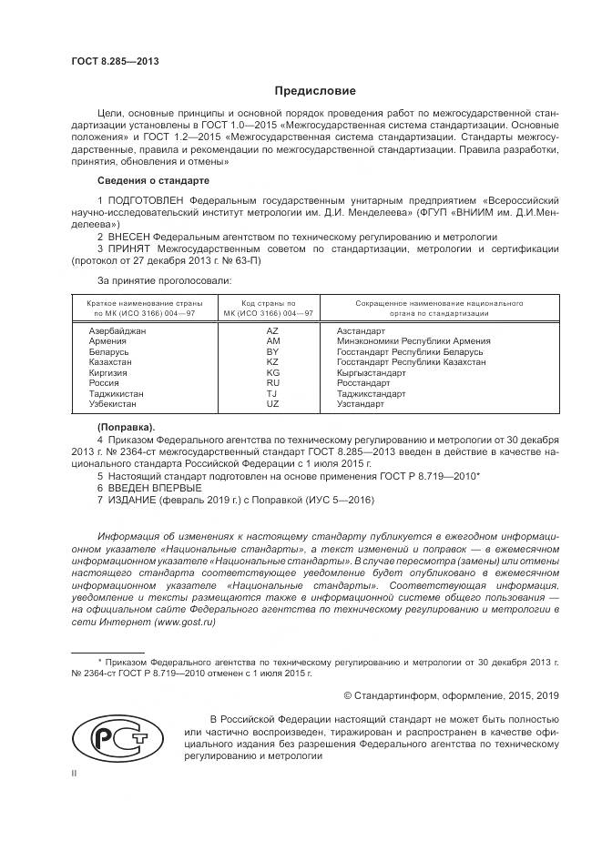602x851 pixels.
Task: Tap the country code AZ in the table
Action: click(x=271, y=331)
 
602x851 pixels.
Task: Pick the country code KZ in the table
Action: click(x=271, y=361)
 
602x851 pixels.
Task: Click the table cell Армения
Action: click(x=107, y=341)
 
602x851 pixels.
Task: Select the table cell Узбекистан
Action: click(x=112, y=402)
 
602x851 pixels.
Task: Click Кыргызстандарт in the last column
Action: click(x=372, y=372)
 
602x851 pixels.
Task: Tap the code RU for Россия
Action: click(x=271, y=382)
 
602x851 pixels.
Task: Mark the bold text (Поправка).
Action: click(x=126, y=426)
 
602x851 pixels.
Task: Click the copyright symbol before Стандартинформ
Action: click(x=349, y=695)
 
